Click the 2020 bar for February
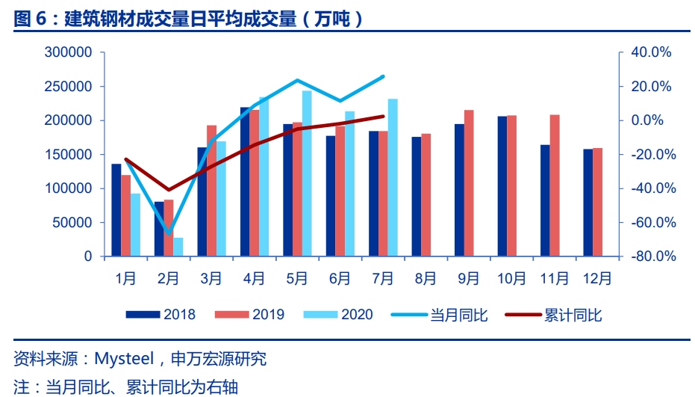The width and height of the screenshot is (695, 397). click(x=178, y=247)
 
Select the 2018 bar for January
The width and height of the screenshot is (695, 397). click(x=116, y=210)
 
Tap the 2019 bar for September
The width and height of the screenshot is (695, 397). click(x=469, y=183)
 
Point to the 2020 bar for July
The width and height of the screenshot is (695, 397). click(x=393, y=178)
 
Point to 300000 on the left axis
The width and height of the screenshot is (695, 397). click(x=68, y=52)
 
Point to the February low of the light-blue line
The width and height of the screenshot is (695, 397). click(x=169, y=233)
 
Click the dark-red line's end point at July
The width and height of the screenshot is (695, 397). click(x=383, y=116)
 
